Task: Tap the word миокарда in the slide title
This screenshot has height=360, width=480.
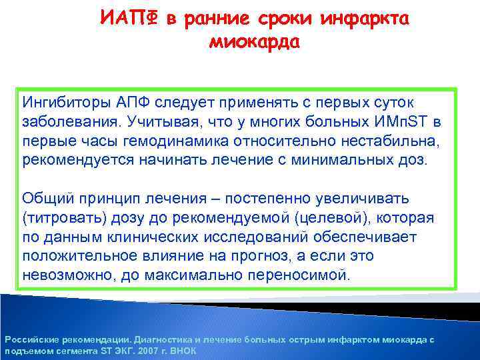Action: point(255,43)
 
